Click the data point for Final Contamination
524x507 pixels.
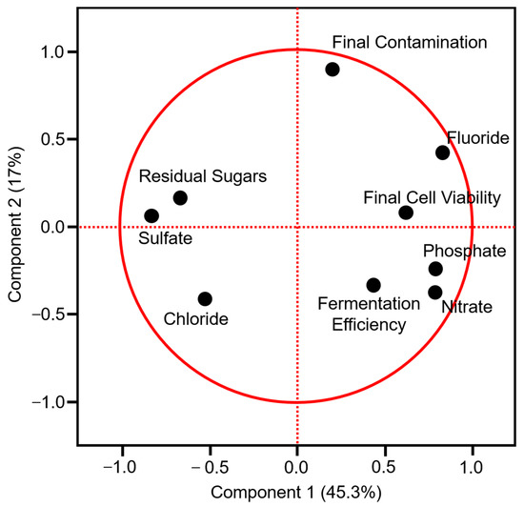333,69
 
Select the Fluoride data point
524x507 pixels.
442,152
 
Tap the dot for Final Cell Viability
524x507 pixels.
406,213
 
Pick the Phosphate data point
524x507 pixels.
435,269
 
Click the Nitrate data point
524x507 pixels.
435,293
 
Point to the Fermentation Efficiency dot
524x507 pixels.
373,285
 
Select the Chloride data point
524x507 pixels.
205,298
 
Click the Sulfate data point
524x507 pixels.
151,215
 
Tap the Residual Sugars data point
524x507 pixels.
180,198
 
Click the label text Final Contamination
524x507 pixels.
409,42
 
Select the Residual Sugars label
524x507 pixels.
195,176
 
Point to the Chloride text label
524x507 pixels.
194,319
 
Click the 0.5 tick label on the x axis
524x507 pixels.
384,469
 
